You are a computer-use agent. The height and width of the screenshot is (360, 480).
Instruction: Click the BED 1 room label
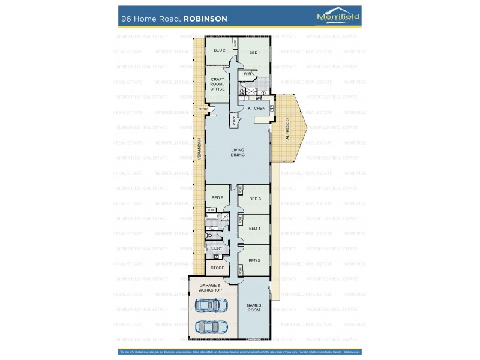255,53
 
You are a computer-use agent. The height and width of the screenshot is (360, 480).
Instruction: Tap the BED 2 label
220,50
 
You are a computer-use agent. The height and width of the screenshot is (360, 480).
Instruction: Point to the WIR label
247,74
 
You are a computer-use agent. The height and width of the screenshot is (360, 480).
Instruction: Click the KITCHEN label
257,108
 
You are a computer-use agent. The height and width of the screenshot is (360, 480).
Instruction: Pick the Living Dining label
238,152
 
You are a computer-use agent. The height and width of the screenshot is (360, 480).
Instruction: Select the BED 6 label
217,198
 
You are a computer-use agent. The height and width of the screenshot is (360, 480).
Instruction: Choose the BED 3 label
255,199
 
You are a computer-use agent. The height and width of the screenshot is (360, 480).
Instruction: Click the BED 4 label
255,228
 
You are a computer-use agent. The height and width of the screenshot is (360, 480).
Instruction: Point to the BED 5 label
255,260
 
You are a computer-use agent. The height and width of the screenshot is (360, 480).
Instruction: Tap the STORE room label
217,268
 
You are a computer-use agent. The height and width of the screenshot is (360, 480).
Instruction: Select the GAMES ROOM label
254,308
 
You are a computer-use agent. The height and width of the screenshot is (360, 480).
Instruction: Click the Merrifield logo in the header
338,17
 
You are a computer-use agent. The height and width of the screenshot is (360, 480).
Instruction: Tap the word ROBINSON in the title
205,19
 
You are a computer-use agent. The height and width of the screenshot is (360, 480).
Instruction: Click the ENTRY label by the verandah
203,109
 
